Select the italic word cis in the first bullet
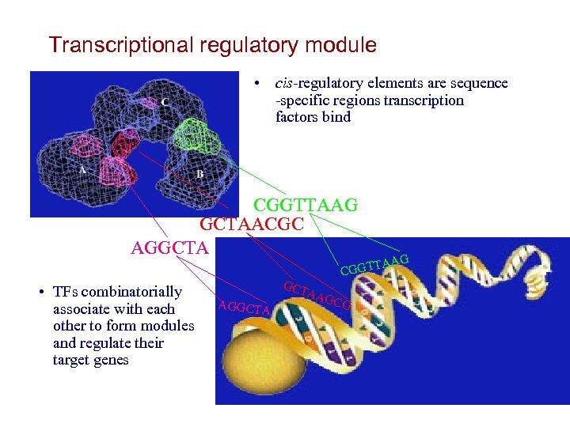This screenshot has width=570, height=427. coord(284,83)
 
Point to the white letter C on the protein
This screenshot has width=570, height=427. coord(164,102)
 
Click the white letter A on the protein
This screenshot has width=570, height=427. coord(82,169)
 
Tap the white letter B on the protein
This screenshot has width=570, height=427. coord(199,173)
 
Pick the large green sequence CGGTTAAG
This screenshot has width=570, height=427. coord(305,206)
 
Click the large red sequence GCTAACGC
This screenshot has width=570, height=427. coord(251,225)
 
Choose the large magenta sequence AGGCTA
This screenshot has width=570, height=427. coord(169,248)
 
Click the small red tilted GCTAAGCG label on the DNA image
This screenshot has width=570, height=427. coord(317,295)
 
